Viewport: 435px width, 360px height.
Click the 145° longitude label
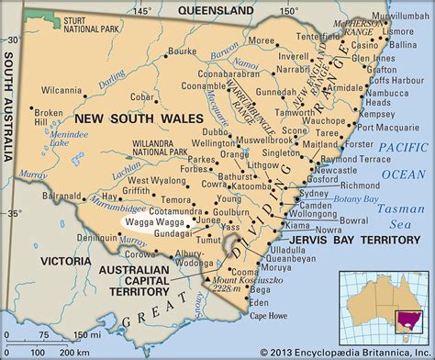coord(140,11)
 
